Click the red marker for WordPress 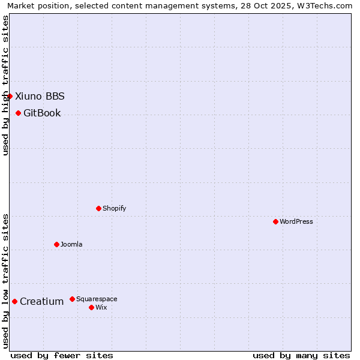(x=275, y=221)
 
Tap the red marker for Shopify (x=98, y=208)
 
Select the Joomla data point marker (x=56, y=244)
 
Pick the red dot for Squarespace (x=72, y=299)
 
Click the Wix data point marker (x=91, y=307)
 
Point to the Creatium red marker (x=14, y=301)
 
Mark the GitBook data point (x=18, y=113)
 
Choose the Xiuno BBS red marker (x=10, y=96)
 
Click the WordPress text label (x=296, y=221)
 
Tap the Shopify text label (x=114, y=208)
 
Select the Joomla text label (x=71, y=244)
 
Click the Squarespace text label (x=97, y=299)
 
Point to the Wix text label (x=101, y=307)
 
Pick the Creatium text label (x=41, y=301)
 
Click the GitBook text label (x=42, y=113)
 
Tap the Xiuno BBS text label (x=40, y=96)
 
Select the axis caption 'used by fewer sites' (x=62, y=355)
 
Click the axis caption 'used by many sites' (x=301, y=355)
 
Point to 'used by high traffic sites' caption (x=5, y=85)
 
